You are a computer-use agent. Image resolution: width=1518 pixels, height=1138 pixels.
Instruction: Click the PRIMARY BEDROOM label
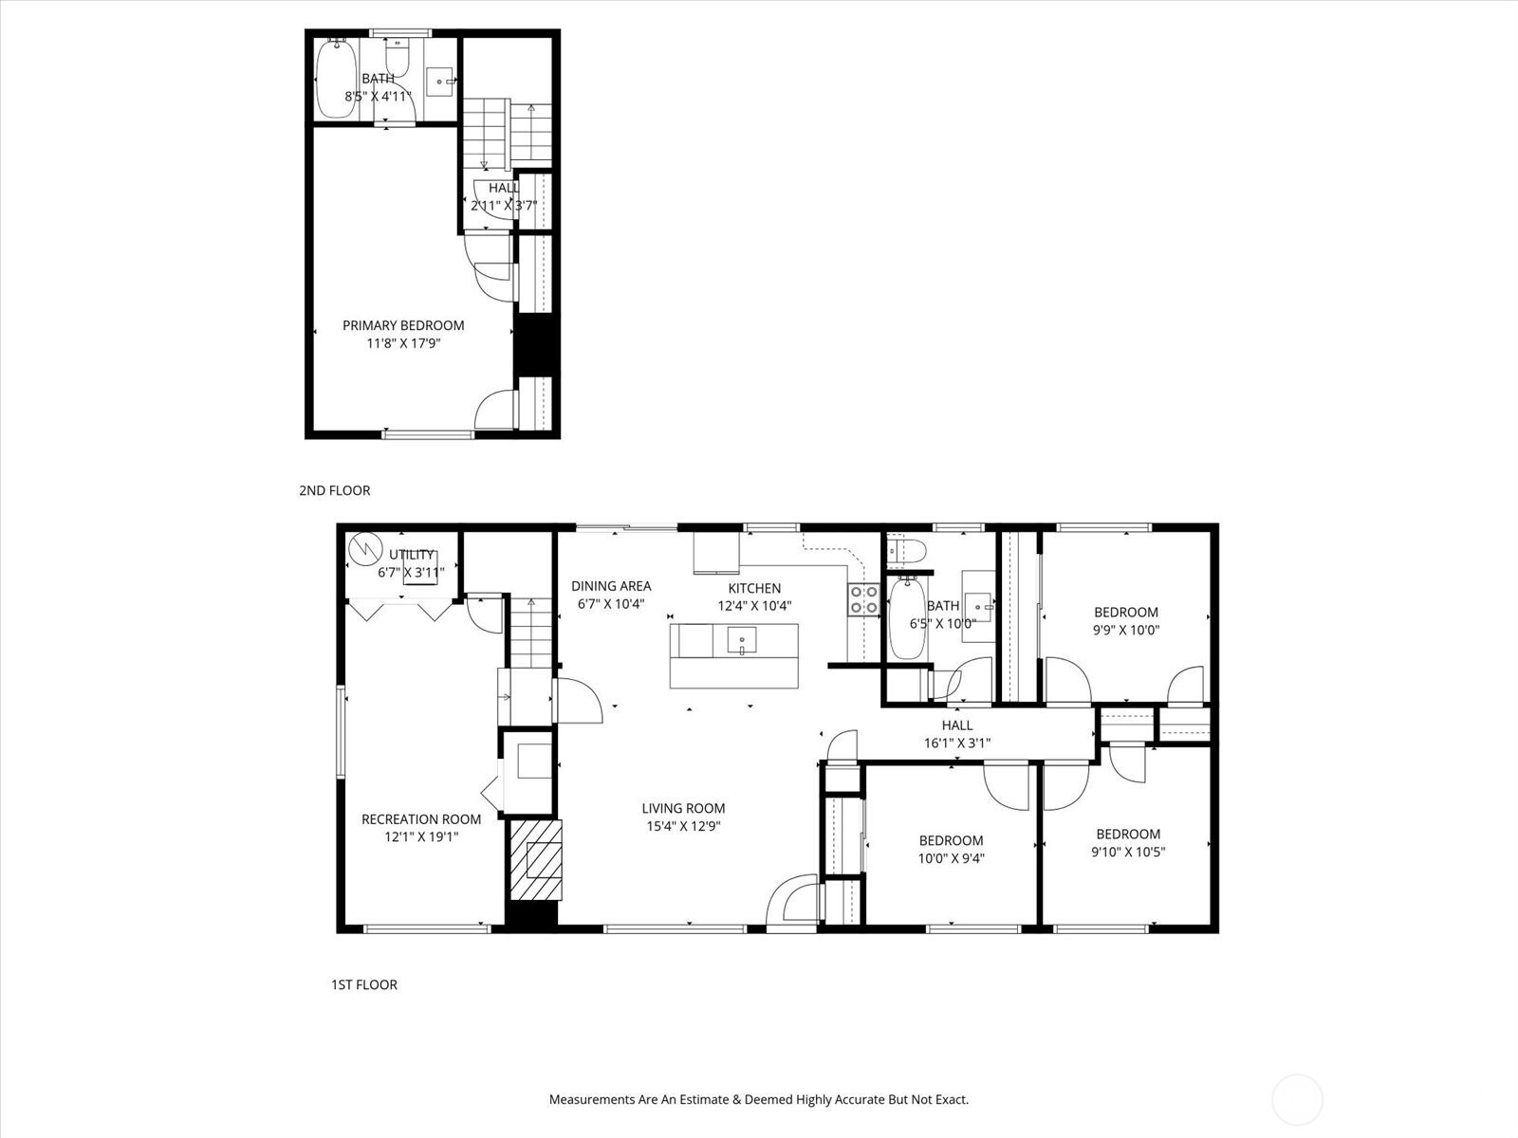click(x=403, y=325)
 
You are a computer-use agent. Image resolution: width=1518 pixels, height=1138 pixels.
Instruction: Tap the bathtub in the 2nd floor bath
click(x=336, y=78)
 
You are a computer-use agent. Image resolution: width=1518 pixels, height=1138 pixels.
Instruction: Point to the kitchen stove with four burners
click(x=863, y=599)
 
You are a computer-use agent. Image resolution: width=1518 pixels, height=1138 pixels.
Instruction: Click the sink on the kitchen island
click(x=741, y=640)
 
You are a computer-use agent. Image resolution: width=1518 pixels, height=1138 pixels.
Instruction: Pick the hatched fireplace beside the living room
click(x=535, y=859)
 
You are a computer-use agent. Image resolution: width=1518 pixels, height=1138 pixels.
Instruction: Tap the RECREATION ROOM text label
click(x=421, y=819)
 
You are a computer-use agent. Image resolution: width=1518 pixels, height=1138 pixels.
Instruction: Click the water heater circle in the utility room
click(x=364, y=549)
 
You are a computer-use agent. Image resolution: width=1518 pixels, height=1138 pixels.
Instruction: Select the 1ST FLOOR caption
click(x=364, y=984)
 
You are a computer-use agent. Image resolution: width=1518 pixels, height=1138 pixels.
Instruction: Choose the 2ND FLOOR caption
click(x=335, y=490)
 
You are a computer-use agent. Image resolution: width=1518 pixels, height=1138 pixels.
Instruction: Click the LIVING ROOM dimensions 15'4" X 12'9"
click(x=683, y=826)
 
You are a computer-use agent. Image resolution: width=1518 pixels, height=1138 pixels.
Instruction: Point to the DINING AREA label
click(x=611, y=586)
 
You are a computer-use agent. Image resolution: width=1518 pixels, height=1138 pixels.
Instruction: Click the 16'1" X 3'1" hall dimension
click(x=957, y=743)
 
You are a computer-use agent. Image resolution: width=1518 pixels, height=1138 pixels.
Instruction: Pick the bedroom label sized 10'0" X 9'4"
click(x=951, y=849)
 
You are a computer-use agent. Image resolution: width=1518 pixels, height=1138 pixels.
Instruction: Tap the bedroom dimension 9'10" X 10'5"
click(x=1128, y=852)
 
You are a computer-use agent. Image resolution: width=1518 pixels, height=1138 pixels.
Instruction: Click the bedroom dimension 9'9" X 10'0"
click(x=1126, y=630)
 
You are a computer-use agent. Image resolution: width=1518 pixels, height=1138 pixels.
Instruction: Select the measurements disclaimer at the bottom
click(x=759, y=1099)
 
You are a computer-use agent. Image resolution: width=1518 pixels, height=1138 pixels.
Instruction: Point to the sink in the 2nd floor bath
click(x=439, y=82)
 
